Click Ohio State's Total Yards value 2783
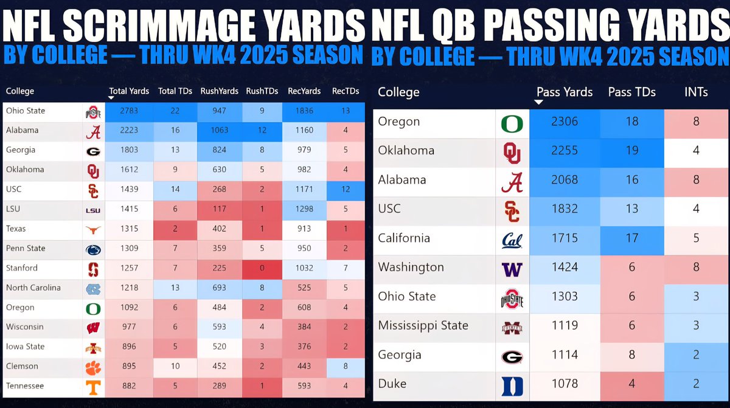click(x=129, y=111)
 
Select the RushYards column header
click(x=219, y=91)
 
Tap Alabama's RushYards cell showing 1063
click(x=219, y=130)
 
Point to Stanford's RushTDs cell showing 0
click(x=262, y=268)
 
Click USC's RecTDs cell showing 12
click(x=345, y=189)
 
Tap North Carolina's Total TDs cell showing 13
click(x=175, y=288)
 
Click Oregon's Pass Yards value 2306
click(x=564, y=122)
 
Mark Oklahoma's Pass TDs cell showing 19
click(x=631, y=151)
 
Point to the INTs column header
click(x=696, y=92)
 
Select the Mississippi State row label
click(x=423, y=326)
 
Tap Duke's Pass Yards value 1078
click(x=564, y=384)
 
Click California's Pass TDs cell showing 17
click(x=631, y=238)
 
